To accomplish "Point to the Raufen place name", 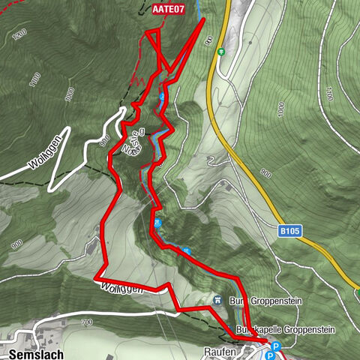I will (220, 351).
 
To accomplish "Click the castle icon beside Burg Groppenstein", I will (217, 300).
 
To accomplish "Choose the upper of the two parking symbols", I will (275, 346).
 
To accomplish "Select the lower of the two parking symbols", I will (268, 355).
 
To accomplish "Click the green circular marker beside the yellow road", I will (221, 52).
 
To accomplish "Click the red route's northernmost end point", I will (203, 19).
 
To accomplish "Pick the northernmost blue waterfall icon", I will (162, 98).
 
